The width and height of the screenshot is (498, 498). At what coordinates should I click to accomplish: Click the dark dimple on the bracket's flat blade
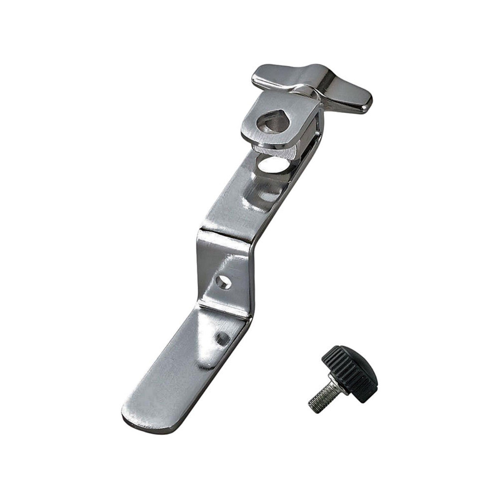coord(222,338)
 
